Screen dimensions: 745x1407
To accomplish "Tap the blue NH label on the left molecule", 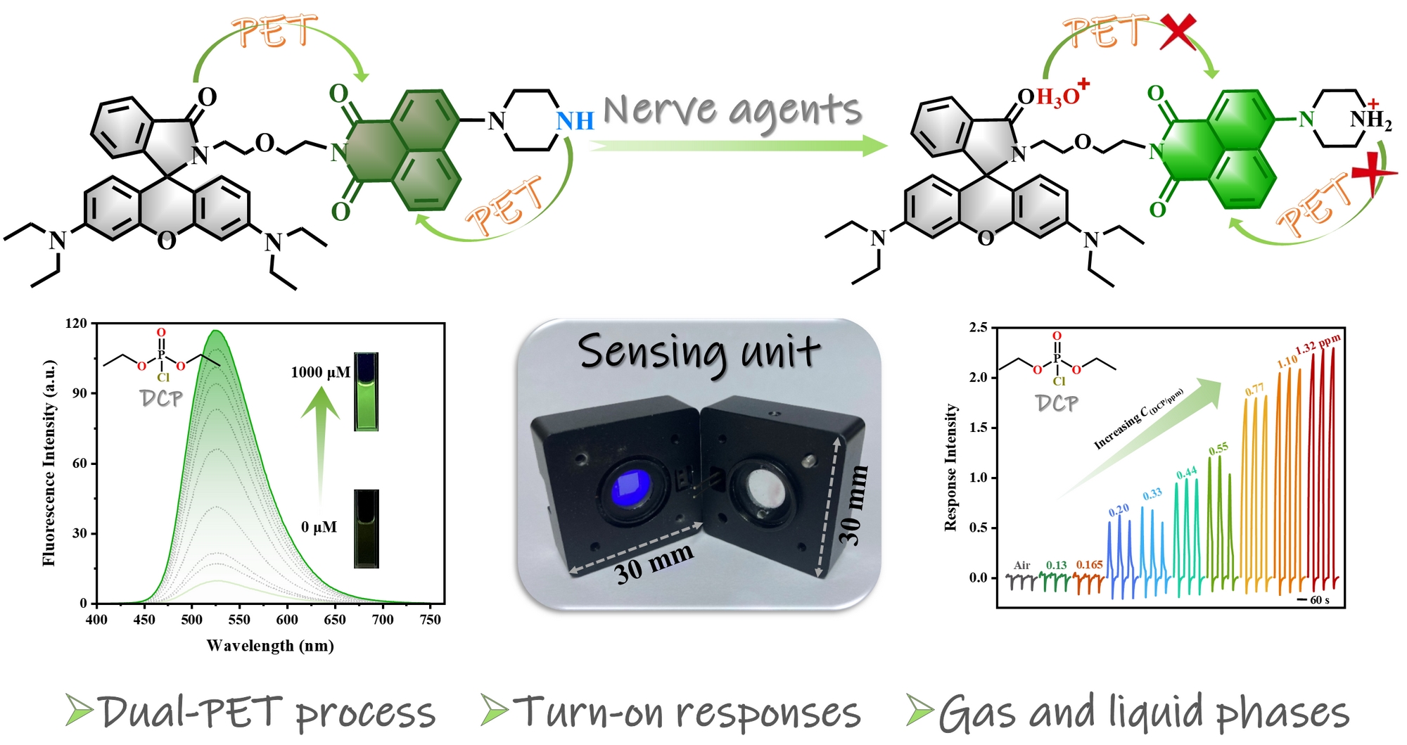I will tap(575, 121).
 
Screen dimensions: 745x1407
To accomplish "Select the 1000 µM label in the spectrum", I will tap(320, 372).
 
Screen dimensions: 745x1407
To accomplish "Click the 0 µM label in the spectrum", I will tap(319, 527).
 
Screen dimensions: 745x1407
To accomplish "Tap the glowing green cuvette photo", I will tap(366, 391).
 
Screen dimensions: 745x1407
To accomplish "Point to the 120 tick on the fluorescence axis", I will tap(76, 324).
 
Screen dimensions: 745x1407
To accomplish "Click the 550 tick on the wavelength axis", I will tap(239, 620).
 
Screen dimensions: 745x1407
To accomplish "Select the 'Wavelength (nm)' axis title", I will tap(270, 646).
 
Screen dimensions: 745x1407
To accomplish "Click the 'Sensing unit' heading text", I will tap(699, 352).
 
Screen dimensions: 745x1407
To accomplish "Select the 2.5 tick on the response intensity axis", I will tap(978, 327).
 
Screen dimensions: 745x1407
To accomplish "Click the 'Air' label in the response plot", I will tap(1021, 565).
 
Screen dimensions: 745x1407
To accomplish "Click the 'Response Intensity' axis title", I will tap(951, 467).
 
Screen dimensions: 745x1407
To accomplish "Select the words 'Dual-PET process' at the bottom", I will tap(267, 712).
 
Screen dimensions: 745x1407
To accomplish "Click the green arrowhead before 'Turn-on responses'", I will tap(495, 710).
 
